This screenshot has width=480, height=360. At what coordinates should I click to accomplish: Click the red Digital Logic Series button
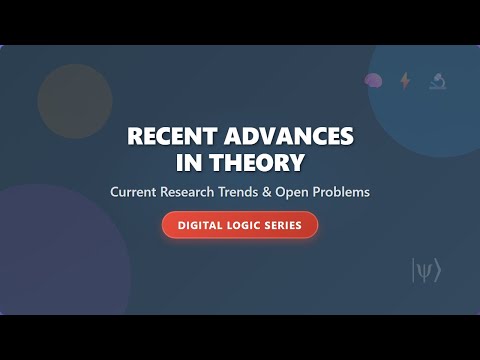[240, 225]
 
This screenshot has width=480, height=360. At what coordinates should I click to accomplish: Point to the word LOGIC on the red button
[245, 225]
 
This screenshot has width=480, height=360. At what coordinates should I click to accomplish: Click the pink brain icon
[373, 81]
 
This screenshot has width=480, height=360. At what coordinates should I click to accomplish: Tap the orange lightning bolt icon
[405, 81]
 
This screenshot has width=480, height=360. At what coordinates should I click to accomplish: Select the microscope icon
[437, 81]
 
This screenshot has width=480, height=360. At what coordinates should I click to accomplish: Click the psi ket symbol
[425, 269]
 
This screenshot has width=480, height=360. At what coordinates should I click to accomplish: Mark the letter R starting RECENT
[134, 137]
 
